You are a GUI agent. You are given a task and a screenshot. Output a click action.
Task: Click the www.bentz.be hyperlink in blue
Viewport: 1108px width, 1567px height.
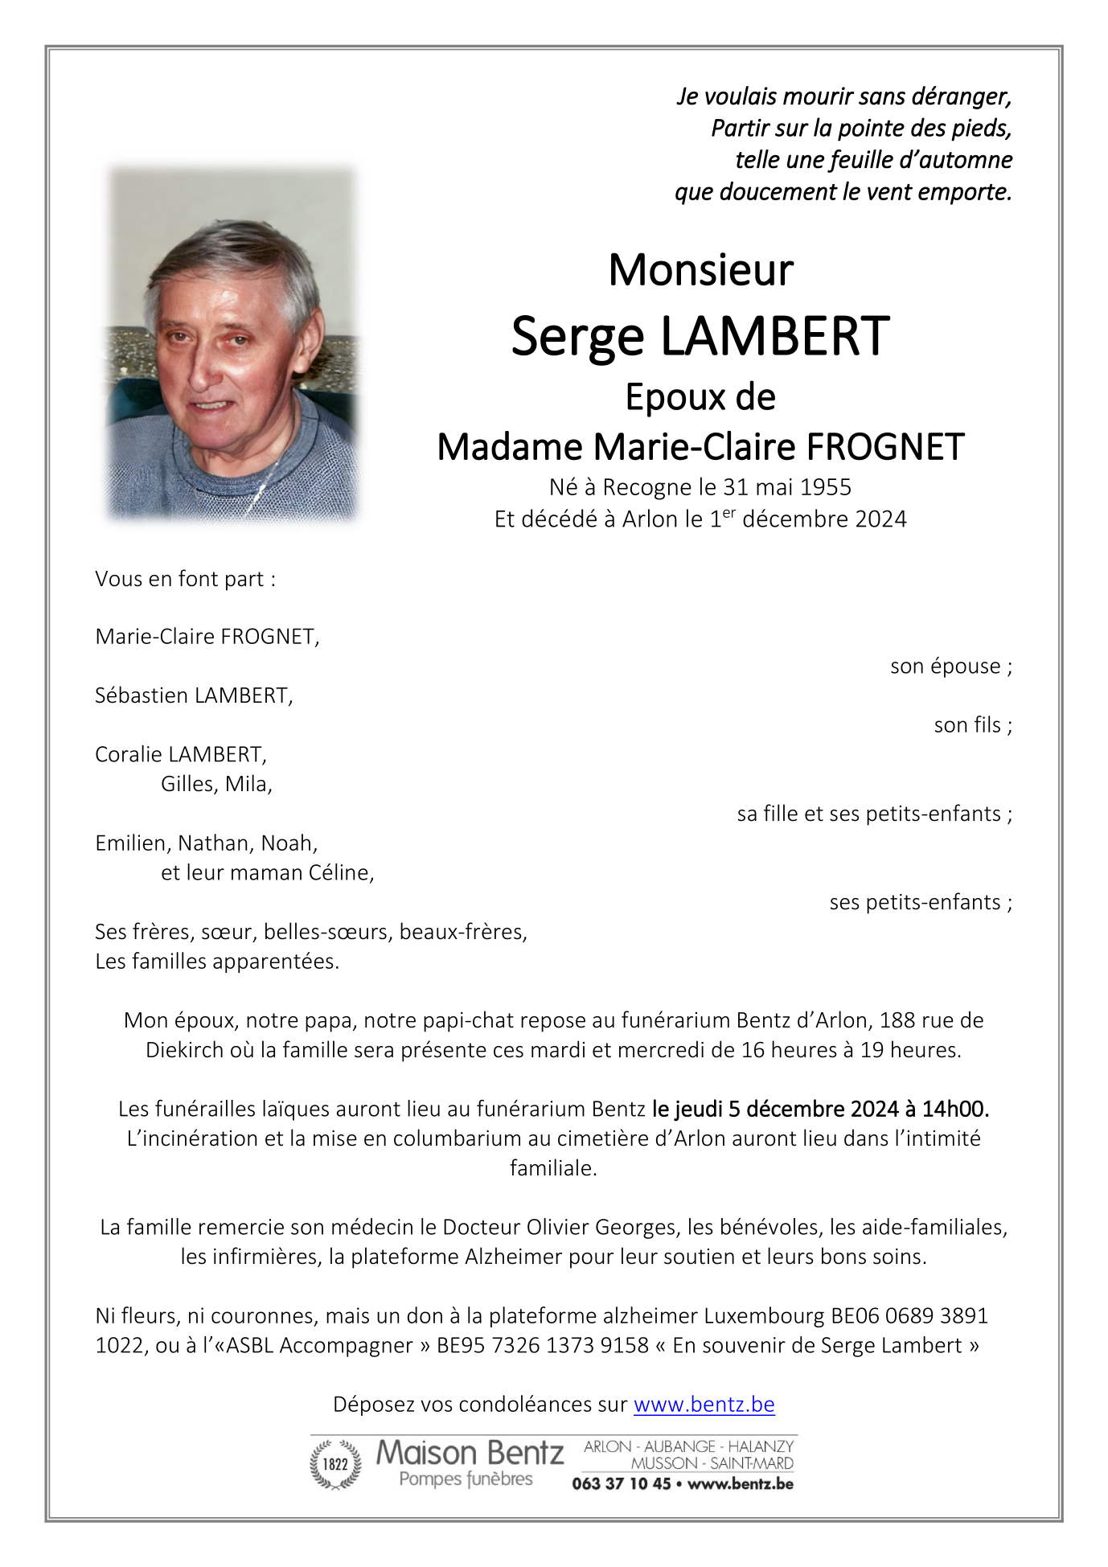[x=704, y=1404]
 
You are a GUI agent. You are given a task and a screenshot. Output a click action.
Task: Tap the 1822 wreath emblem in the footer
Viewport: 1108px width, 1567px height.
[x=335, y=1464]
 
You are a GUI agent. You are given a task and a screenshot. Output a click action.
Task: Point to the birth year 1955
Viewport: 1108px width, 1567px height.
[x=826, y=487]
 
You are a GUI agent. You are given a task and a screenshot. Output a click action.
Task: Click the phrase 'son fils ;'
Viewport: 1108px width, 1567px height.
[x=972, y=725]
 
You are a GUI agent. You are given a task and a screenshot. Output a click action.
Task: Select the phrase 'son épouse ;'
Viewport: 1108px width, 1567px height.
[x=950, y=667]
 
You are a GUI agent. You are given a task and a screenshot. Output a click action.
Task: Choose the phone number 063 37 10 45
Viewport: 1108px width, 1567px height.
[x=621, y=1483]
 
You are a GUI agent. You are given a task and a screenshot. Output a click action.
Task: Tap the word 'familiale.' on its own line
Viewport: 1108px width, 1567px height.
[x=553, y=1168]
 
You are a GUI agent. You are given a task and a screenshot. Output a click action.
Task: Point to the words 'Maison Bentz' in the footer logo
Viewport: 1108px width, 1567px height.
[x=470, y=1453]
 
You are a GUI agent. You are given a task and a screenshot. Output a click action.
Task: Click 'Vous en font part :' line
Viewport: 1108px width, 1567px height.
[x=185, y=579]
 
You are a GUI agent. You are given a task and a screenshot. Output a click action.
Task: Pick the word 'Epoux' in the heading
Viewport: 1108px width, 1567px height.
[x=655, y=397]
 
